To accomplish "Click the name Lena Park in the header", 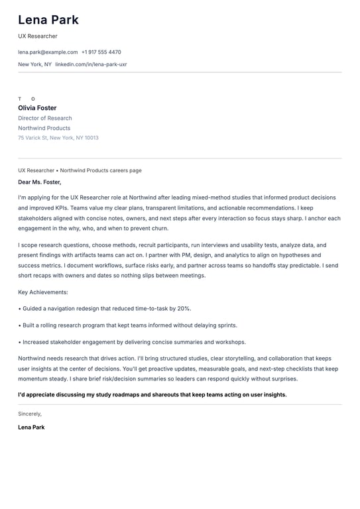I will click(x=48, y=20).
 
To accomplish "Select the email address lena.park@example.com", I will click(x=48, y=52).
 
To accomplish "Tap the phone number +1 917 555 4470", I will click(x=101, y=52).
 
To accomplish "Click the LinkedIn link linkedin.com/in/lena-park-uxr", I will click(x=91, y=64).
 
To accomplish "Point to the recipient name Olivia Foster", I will click(x=37, y=108).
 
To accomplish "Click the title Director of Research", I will click(x=45, y=118).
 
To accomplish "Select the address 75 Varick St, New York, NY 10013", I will click(x=58, y=138).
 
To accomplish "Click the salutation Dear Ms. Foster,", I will click(x=40, y=182).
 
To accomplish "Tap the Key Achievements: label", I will click(x=43, y=292).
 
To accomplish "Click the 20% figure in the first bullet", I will click(x=184, y=308).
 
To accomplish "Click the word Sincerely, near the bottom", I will click(x=30, y=414).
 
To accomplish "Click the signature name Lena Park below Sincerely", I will click(x=31, y=427).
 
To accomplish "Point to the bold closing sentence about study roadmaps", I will click(x=152, y=394).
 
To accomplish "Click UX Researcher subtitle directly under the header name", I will click(x=38, y=36).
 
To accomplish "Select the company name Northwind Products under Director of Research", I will click(x=44, y=128).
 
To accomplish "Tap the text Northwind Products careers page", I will click(x=101, y=170).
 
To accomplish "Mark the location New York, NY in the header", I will click(x=34, y=64).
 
